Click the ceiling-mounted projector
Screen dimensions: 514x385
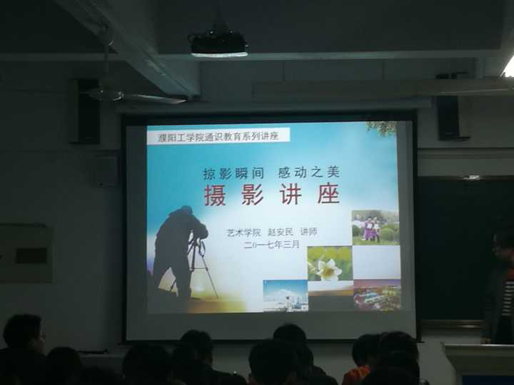coord(218,43)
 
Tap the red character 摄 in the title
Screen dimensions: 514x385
coord(215,195)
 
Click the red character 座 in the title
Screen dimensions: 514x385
coord(328,194)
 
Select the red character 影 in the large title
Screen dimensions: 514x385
coord(253,195)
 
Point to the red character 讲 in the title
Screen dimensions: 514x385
coord(291,194)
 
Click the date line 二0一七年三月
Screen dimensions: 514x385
coord(272,245)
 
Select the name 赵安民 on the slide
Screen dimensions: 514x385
coord(281,232)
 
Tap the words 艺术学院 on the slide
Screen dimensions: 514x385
coord(244,232)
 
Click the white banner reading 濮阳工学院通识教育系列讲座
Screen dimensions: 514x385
coord(218,135)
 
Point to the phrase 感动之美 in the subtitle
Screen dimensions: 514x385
coord(309,173)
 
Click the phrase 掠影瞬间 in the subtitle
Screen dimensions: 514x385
coord(233,173)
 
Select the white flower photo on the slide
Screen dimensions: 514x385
coord(329,263)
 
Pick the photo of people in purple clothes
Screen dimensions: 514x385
coord(376,227)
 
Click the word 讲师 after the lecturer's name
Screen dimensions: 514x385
coord(309,232)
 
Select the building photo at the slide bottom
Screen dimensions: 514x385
coord(286,296)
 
